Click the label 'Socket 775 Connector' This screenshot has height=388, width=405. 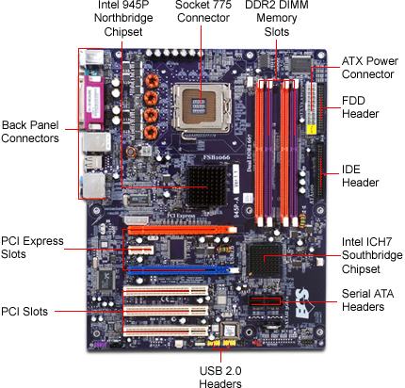click(203, 11)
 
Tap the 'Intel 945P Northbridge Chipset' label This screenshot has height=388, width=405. click(123, 18)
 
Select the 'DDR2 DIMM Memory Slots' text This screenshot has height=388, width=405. click(277, 18)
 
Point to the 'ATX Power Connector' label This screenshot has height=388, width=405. click(370, 68)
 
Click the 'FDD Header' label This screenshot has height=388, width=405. click(360, 107)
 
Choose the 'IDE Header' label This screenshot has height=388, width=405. click(360, 176)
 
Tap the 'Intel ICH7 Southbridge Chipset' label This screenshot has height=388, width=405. click(372, 255)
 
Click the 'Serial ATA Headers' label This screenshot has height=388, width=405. click(367, 300)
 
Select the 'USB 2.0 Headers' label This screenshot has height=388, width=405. click(220, 377)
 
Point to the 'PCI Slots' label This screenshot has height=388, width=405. click(24, 312)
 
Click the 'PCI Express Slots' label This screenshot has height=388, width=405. click(32, 248)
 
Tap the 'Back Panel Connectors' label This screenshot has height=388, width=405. click(30, 132)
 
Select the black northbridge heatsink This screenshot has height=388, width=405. click(206, 186)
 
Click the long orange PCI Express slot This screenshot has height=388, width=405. click(182, 230)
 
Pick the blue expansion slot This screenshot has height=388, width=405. click(183, 270)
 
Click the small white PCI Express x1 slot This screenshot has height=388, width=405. click(140, 251)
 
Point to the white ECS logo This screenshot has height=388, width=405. click(302, 303)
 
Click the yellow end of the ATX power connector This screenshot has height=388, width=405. click(311, 129)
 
